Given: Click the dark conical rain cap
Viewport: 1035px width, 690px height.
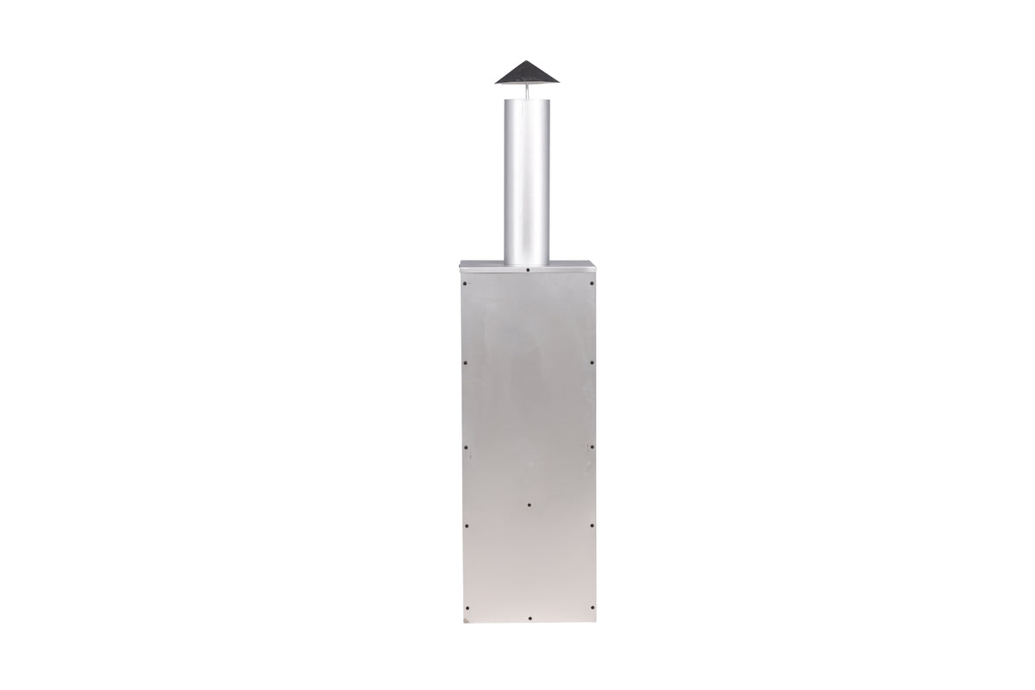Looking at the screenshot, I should [x=527, y=74].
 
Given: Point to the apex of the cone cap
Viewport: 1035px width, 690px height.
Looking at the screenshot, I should [x=527, y=61].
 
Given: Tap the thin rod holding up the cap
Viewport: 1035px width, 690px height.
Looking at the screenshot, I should [x=527, y=91].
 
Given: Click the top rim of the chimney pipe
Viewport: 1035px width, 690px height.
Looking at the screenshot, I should [x=527, y=100].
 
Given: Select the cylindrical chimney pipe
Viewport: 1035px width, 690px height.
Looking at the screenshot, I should [x=527, y=181].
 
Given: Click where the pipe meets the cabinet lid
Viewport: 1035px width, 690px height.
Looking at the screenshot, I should [x=527, y=262].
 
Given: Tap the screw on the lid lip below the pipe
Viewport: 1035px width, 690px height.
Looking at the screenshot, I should [x=528, y=269].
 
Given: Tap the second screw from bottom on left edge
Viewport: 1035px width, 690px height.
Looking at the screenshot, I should [x=465, y=525].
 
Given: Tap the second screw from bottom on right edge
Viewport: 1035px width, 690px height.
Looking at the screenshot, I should [x=592, y=525].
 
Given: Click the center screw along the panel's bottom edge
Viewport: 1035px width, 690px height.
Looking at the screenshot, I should [x=529, y=618].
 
